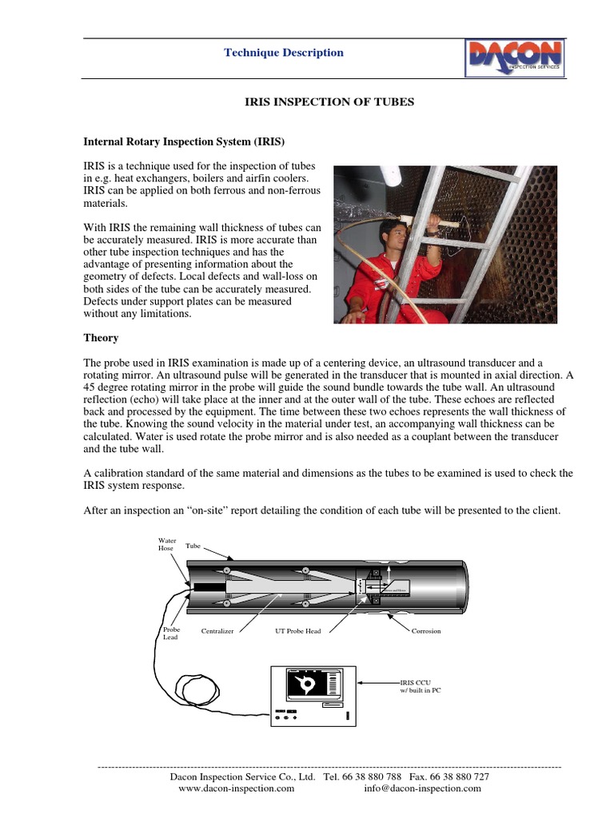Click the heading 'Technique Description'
pyautogui.click(x=283, y=53)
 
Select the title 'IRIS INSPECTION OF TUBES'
pyautogui.click(x=329, y=103)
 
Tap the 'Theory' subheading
pyautogui.click(x=101, y=338)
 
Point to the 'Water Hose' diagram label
pyautogui.click(x=166, y=545)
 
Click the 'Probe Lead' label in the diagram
pyautogui.click(x=171, y=633)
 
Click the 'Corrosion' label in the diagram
pyautogui.click(x=426, y=631)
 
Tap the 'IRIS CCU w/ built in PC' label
pyautogui.click(x=420, y=687)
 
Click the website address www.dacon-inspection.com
pyautogui.click(x=236, y=788)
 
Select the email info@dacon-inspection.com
pyautogui.click(x=422, y=788)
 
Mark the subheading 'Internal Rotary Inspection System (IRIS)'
pyautogui.click(x=185, y=141)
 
